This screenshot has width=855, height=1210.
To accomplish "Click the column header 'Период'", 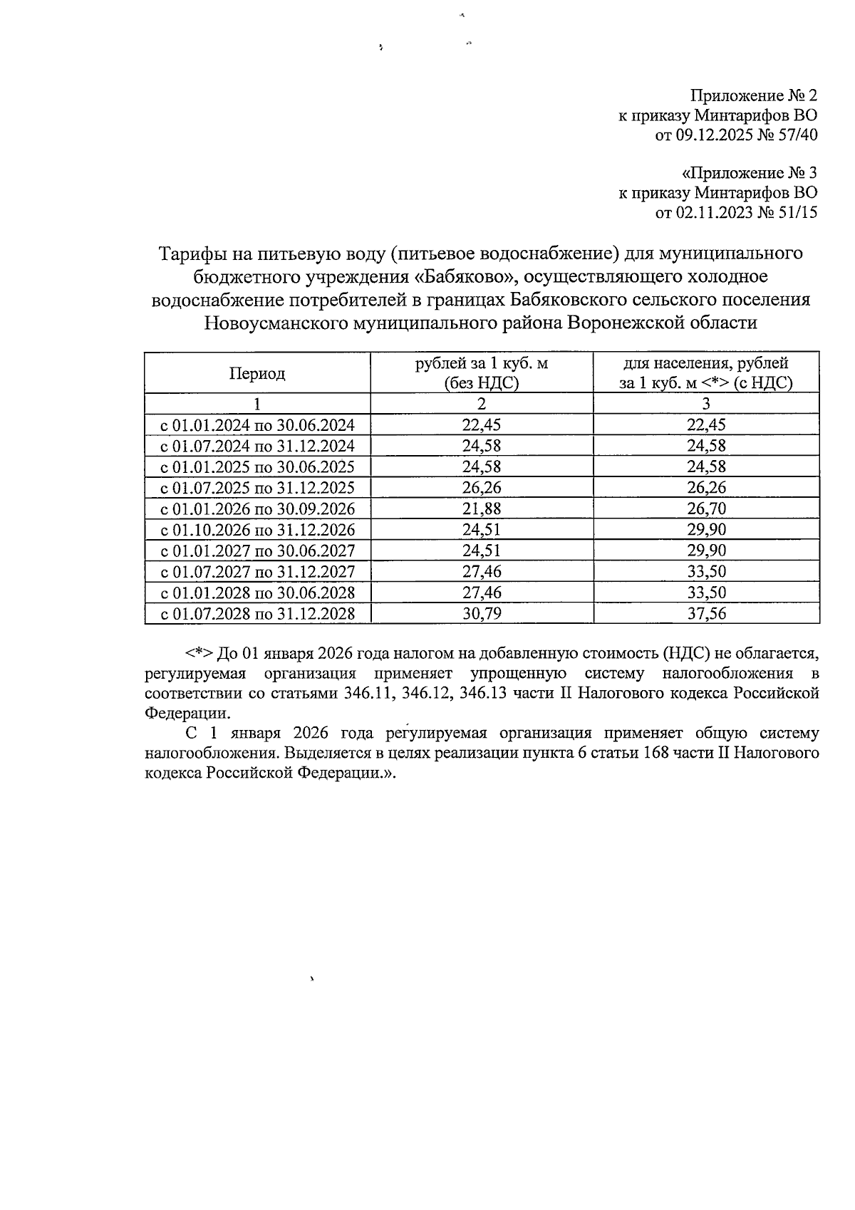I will point(256,374).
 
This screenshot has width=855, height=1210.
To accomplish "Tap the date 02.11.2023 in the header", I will point(715,212).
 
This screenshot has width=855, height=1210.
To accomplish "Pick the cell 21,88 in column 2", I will point(482,508).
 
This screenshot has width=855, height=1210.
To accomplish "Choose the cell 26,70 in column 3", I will point(705,508).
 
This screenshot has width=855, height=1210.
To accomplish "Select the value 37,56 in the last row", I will point(705,613).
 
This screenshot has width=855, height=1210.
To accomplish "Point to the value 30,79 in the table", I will point(482,613).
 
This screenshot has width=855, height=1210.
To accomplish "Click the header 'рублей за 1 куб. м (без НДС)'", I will point(482,373).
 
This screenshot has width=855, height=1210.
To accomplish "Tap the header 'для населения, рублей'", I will point(705,364).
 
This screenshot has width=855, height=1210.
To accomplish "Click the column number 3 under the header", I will point(705,404).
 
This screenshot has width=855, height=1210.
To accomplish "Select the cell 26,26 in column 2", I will point(482,488).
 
